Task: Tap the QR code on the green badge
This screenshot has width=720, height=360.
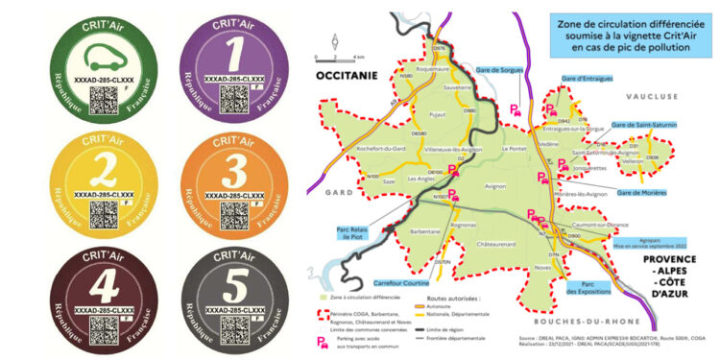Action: [98, 95]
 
